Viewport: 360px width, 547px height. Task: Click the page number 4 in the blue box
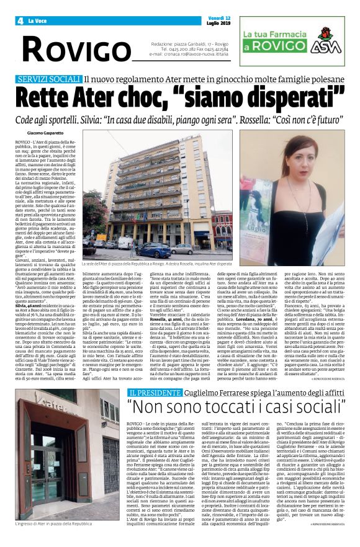pyautogui.click(x=20, y=20)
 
